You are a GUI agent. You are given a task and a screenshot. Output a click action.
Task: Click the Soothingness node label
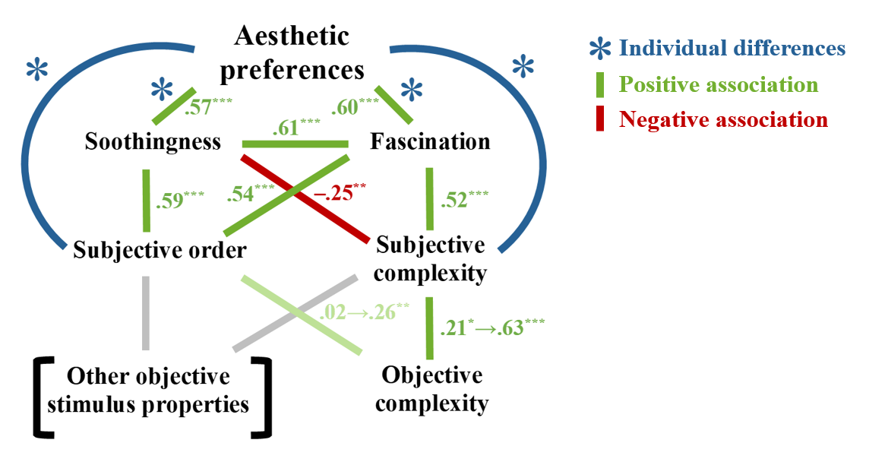[x=153, y=142]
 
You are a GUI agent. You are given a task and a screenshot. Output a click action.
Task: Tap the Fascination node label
[x=430, y=142]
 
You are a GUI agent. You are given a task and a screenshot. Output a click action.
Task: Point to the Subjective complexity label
[x=431, y=258]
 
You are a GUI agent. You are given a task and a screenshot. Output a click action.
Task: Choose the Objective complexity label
[x=431, y=388]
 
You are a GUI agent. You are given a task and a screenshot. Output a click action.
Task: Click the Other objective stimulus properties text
[x=148, y=390]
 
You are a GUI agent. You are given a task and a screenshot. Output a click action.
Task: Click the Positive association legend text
[x=719, y=84]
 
